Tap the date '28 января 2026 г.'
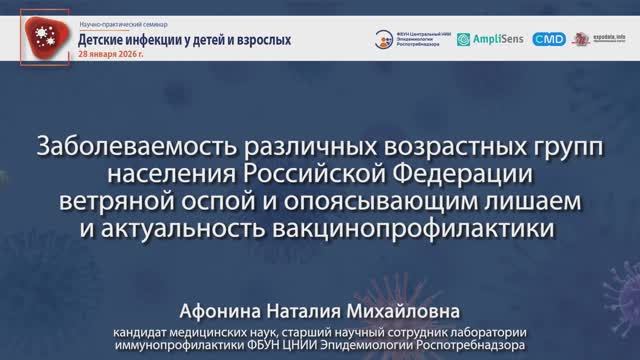(109, 55)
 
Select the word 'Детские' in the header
(110, 39)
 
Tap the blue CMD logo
(549, 39)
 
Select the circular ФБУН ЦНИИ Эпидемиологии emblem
(385, 39)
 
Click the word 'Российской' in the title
(315, 174)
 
